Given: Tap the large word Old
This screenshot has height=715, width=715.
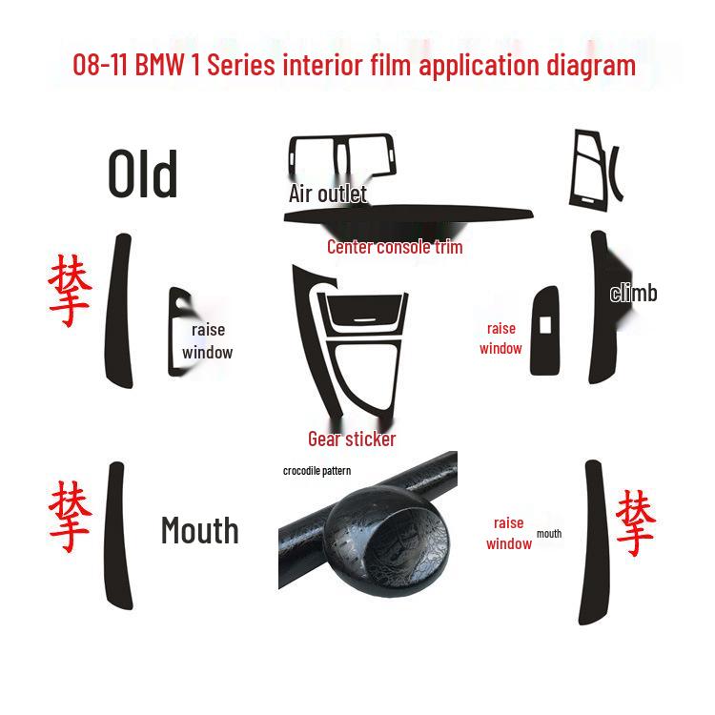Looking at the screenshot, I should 143,174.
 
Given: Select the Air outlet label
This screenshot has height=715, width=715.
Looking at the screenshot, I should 327,194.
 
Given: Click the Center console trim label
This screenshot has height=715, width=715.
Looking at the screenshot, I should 395,247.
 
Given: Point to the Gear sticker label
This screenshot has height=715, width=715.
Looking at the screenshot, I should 352,439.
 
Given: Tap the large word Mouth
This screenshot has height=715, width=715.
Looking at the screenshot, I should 199,530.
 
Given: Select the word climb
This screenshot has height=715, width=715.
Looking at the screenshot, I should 633,293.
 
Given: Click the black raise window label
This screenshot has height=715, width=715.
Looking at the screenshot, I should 207,340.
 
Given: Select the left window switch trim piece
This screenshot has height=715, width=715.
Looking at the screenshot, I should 179,326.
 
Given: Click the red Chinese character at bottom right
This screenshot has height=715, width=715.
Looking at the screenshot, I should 635,523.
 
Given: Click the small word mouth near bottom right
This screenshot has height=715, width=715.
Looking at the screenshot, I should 549,534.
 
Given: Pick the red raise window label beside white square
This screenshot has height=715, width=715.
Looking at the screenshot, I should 500,338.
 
